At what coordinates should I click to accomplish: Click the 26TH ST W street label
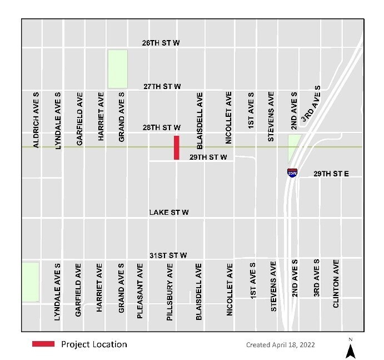[x=162, y=43]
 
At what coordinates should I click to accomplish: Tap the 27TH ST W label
[x=162, y=86]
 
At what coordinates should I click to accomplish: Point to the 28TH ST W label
[x=162, y=128]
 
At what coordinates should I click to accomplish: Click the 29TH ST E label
[x=331, y=174]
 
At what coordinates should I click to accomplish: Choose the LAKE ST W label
[x=169, y=213]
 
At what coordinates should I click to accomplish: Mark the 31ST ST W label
[x=168, y=255]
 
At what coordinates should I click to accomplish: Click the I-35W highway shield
[x=292, y=172]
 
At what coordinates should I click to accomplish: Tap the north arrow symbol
[x=350, y=349]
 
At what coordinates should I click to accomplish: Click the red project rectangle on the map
[x=176, y=147]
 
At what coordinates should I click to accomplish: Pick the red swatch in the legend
[x=43, y=344]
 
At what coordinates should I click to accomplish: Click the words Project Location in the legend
[x=94, y=344]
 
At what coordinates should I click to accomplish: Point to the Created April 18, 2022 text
[x=280, y=345]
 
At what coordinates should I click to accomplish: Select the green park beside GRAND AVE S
[x=117, y=68]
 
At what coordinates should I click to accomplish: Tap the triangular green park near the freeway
[x=293, y=146]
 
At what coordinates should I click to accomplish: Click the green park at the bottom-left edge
[x=30, y=282]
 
